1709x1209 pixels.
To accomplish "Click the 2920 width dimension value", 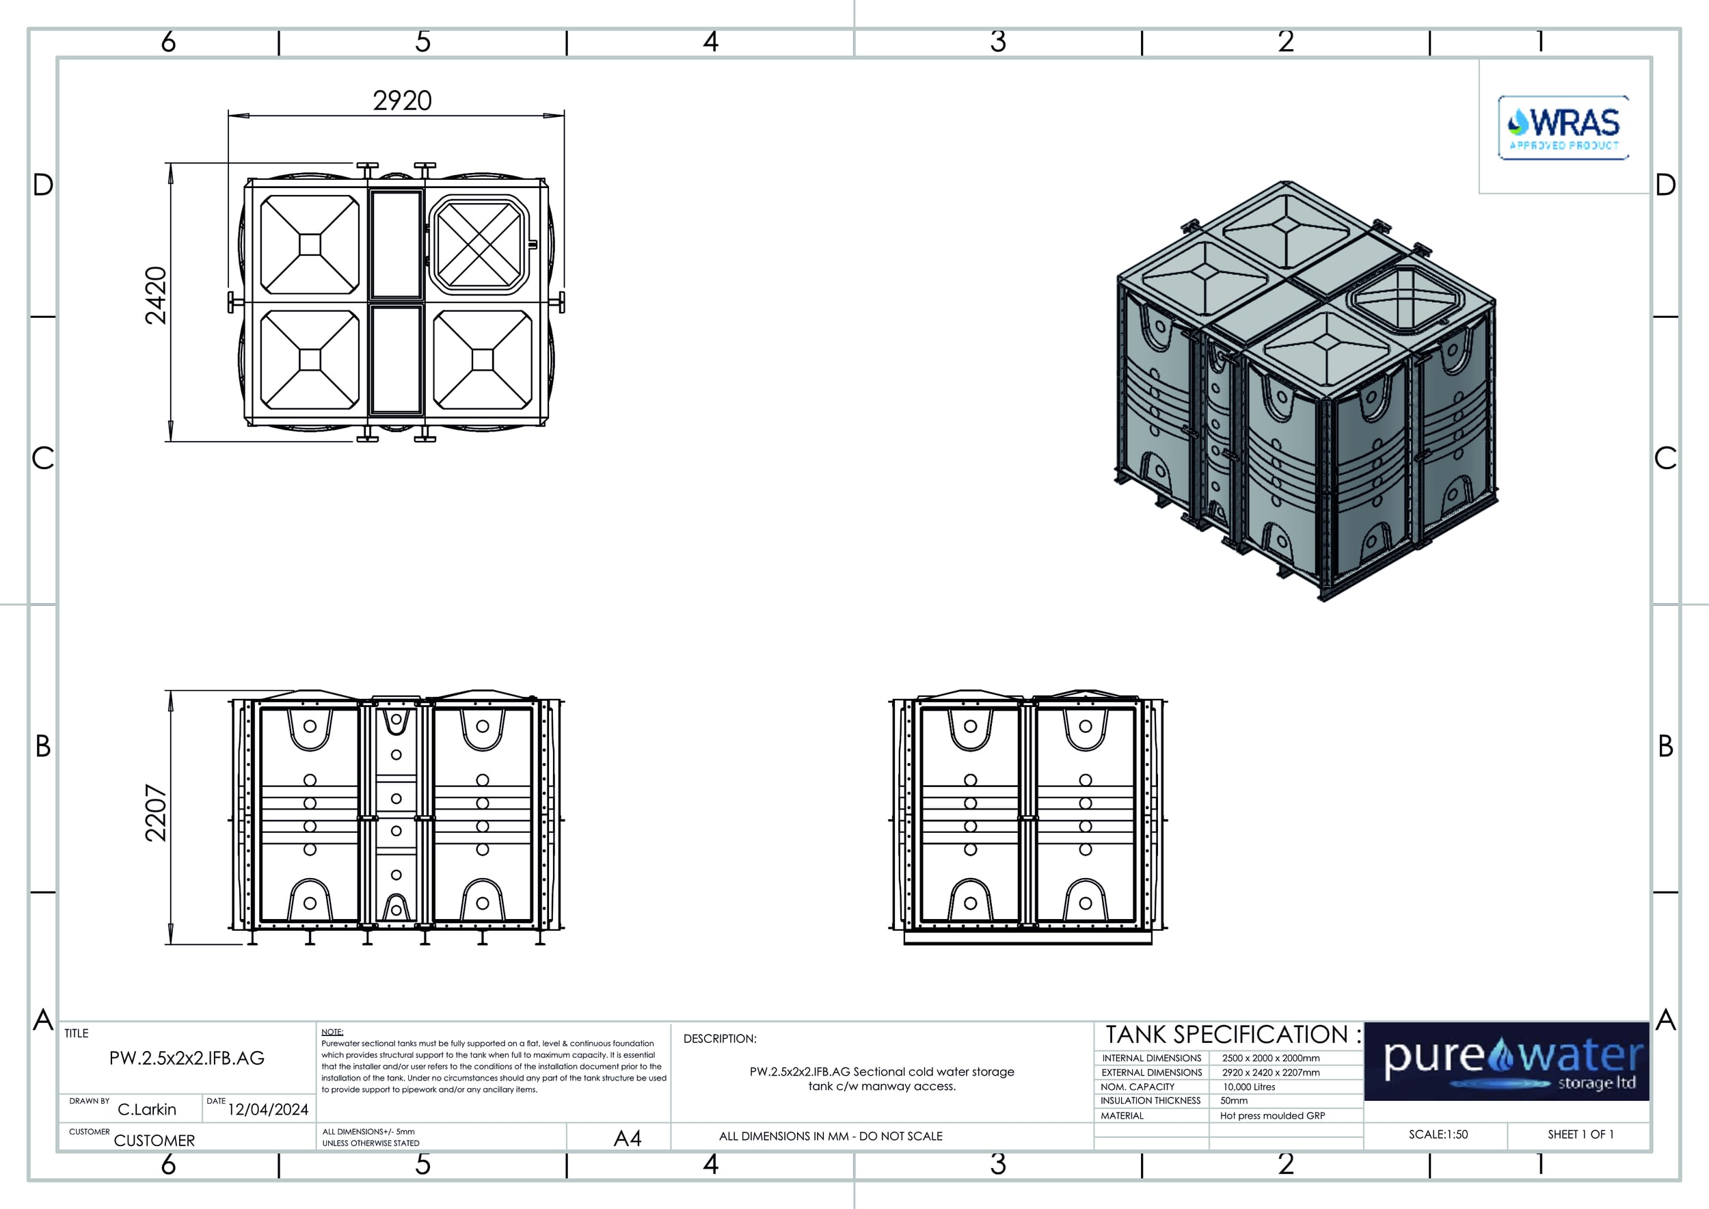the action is tap(402, 101).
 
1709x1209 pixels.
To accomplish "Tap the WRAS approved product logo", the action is tap(1563, 127).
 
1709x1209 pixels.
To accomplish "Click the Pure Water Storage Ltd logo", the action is tap(1507, 1061).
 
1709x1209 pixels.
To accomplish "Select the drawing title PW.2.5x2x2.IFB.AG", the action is tap(187, 1058).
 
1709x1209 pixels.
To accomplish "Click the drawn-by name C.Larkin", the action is tap(147, 1109).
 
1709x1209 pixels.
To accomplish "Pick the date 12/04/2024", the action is tap(268, 1109).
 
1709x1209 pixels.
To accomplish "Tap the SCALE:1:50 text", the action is tap(1438, 1134).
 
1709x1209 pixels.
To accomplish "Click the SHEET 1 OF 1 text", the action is tap(1581, 1134).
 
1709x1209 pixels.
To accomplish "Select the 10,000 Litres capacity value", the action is tap(1249, 1087).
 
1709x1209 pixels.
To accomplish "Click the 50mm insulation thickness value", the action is tap(1234, 1100).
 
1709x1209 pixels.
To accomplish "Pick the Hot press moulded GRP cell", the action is tap(1273, 1115).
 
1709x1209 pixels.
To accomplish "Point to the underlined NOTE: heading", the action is tap(332, 1032).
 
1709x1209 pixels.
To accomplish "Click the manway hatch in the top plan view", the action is tap(480, 244).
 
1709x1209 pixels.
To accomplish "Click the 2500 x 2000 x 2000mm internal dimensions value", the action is tap(1271, 1058).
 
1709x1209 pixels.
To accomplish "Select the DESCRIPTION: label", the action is tap(720, 1039).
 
